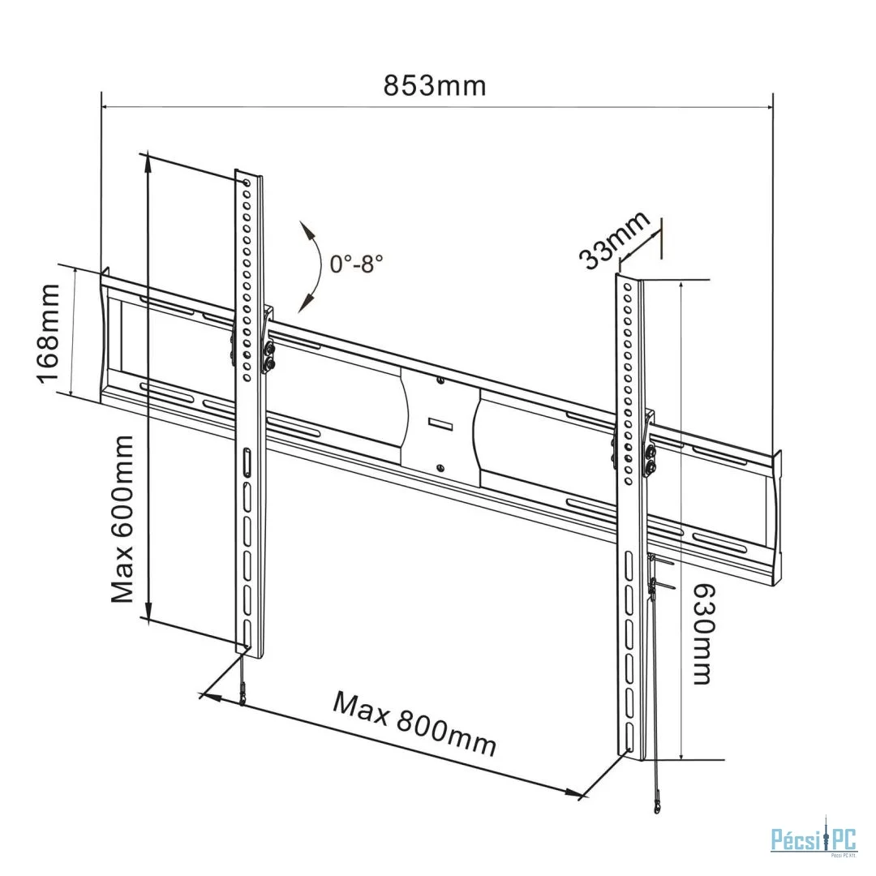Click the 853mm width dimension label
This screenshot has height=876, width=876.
click(x=434, y=86)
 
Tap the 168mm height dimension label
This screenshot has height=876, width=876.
click(x=49, y=333)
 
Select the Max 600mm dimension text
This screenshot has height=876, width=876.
click(x=122, y=519)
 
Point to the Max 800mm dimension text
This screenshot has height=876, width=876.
click(x=414, y=723)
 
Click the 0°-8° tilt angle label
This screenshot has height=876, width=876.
click(x=356, y=263)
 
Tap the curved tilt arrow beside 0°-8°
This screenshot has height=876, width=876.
click(x=315, y=267)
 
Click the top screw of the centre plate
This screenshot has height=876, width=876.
click(x=440, y=381)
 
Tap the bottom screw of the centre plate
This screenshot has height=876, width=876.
click(x=440, y=467)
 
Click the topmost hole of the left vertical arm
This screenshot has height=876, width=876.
click(x=247, y=182)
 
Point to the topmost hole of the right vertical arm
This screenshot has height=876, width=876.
click(x=628, y=288)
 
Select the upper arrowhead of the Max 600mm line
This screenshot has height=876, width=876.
click(x=148, y=162)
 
